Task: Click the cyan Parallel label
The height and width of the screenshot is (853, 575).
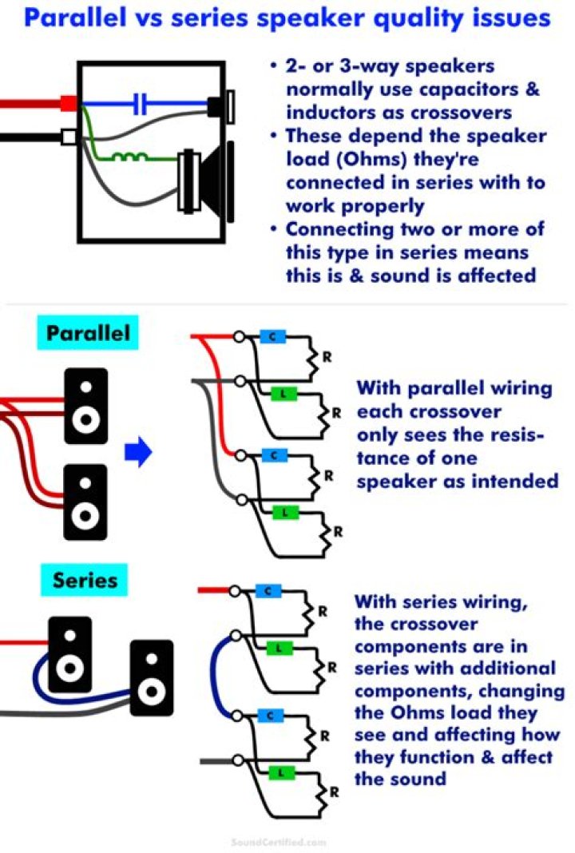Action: point(88,332)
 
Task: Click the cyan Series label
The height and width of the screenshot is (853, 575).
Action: point(85,581)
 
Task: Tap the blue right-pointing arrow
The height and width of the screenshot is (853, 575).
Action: point(138,454)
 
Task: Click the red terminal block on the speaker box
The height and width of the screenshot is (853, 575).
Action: point(69,103)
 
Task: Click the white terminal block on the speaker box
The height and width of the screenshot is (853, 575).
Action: point(69,137)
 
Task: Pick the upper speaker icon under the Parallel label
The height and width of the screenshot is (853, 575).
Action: point(86,405)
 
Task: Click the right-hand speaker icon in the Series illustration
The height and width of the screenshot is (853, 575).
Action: point(151,676)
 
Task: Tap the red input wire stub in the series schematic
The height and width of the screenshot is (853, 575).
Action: point(213,591)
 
